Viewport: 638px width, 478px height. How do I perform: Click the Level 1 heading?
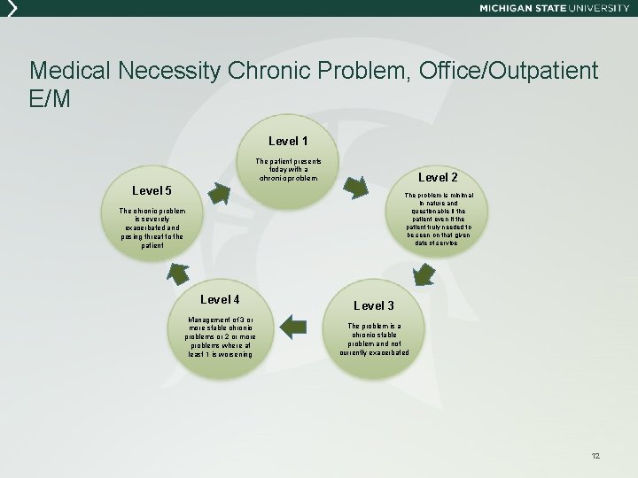point(288,141)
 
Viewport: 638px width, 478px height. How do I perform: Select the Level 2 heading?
point(438,178)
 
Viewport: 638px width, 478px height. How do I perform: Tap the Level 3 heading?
point(374,305)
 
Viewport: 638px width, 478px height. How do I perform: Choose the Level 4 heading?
point(220,299)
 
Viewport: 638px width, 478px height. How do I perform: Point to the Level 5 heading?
point(152,190)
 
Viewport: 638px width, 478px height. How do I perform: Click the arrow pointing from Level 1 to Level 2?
point(354,187)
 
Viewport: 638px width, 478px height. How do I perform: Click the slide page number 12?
point(595,455)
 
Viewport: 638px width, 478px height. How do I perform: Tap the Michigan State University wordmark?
point(554,8)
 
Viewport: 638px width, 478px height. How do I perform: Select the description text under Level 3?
point(374,339)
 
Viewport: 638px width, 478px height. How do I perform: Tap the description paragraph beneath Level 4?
point(220,336)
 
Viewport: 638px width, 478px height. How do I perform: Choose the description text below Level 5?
point(152,228)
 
